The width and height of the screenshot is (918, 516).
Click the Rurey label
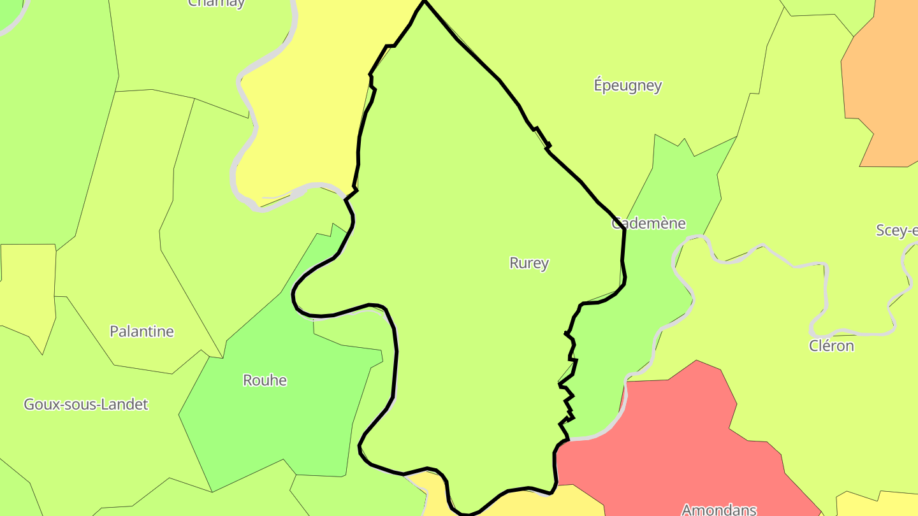coord(529,262)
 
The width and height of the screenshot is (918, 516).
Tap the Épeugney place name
coord(628,85)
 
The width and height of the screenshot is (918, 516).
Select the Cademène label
coord(648,223)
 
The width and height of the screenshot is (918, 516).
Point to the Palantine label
coord(142,331)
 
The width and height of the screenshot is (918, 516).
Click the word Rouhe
coord(265,380)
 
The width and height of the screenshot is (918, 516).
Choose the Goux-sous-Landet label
coord(86,404)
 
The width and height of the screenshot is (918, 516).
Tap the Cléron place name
coord(831,346)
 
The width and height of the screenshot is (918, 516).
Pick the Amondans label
coord(719,509)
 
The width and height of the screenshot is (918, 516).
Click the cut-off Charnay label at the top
coord(216,3)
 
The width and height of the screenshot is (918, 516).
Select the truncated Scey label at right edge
coord(897,230)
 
